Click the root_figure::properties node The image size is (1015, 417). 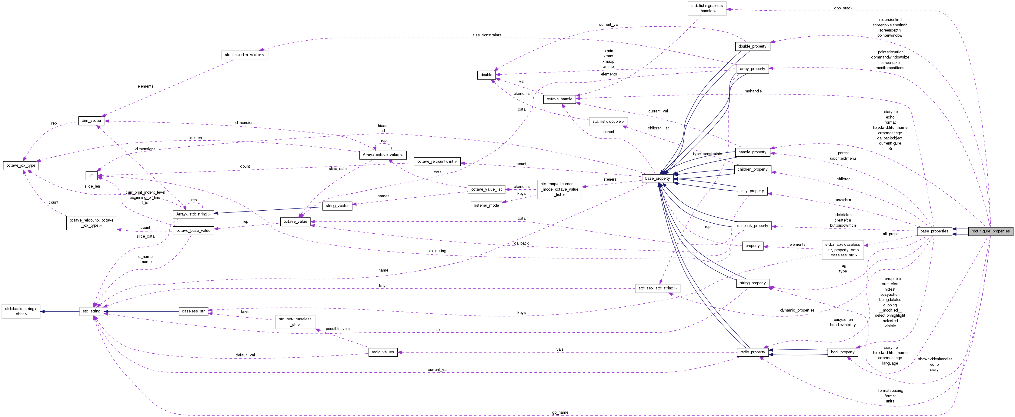(990, 231)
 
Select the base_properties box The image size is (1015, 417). (934, 231)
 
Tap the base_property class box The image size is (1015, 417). (657, 178)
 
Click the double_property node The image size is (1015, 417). (752, 46)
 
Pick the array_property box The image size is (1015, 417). (752, 69)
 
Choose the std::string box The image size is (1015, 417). (92, 311)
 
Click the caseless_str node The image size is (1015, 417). (193, 311)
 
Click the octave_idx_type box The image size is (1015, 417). (21, 165)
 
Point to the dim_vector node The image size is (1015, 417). (92, 121)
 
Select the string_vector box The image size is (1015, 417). (337, 206)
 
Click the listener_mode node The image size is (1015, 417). (486, 205)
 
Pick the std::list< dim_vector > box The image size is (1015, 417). (244, 55)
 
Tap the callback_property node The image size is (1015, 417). (752, 226)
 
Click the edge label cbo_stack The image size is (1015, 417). (843, 8)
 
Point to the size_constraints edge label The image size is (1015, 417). (487, 35)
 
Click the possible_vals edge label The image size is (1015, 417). (337, 329)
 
